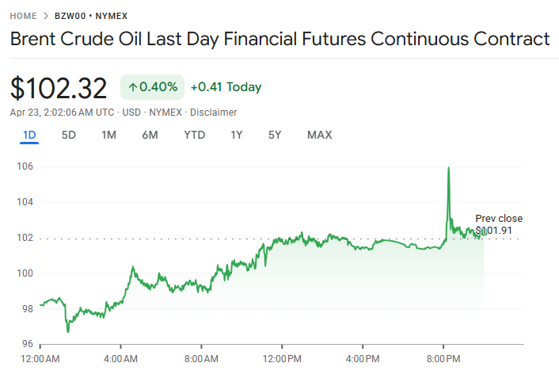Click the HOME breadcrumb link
pos(22,16)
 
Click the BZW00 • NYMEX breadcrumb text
pos(91,16)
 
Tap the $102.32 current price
pos(59,87)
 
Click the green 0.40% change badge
pos(152,87)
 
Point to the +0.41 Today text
pos(226,87)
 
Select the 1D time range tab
pos(29,135)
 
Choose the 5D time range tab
pos(69,135)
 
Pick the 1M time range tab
pos(109,135)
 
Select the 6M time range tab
pos(150,135)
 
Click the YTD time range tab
pos(194,135)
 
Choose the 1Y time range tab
pos(236,135)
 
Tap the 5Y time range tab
pos(275,135)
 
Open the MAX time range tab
pos(319,135)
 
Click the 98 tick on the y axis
pos(27,309)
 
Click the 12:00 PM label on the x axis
pos(282,359)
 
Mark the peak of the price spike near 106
pos(449,168)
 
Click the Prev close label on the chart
pos(499,219)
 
